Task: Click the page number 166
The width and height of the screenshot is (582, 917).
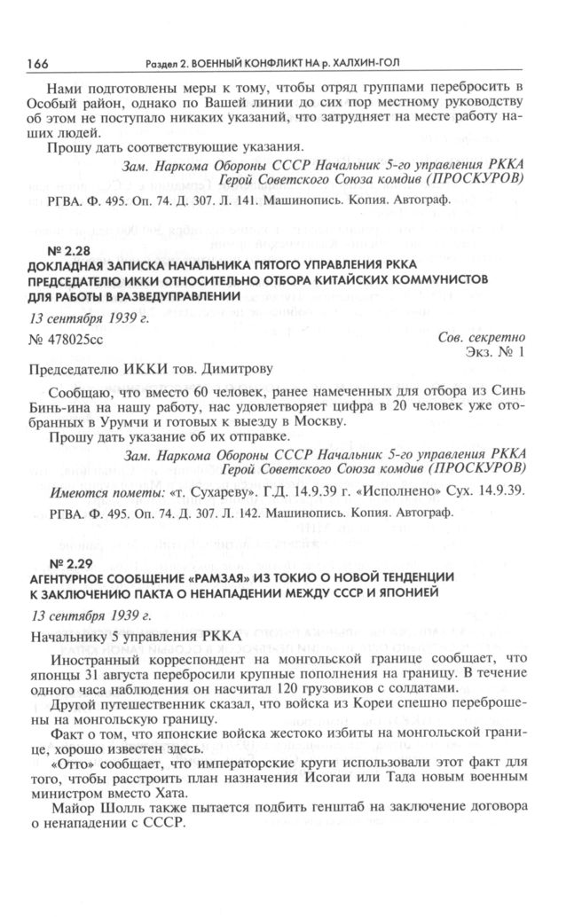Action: coord(37,63)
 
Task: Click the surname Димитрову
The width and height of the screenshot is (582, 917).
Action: coord(227,370)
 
